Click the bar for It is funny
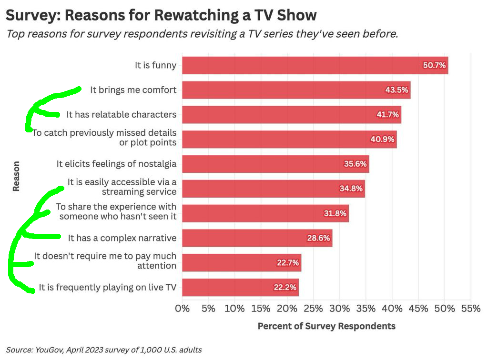click(x=315, y=65)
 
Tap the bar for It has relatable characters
click(x=291, y=115)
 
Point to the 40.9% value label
click(x=383, y=140)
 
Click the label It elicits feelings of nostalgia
click(x=116, y=164)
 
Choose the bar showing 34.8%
click(x=273, y=189)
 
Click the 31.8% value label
click(x=335, y=213)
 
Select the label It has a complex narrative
click(x=122, y=238)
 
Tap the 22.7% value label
click(x=287, y=262)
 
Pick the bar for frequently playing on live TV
click(x=240, y=287)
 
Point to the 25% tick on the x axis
click(x=313, y=308)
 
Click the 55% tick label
click(x=470, y=308)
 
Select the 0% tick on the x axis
click(x=183, y=308)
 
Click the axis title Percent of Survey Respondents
click(x=326, y=326)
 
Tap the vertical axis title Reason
click(x=16, y=176)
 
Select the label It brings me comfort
click(x=133, y=90)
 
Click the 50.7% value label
click(x=434, y=65)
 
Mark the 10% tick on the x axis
click(x=234, y=308)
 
